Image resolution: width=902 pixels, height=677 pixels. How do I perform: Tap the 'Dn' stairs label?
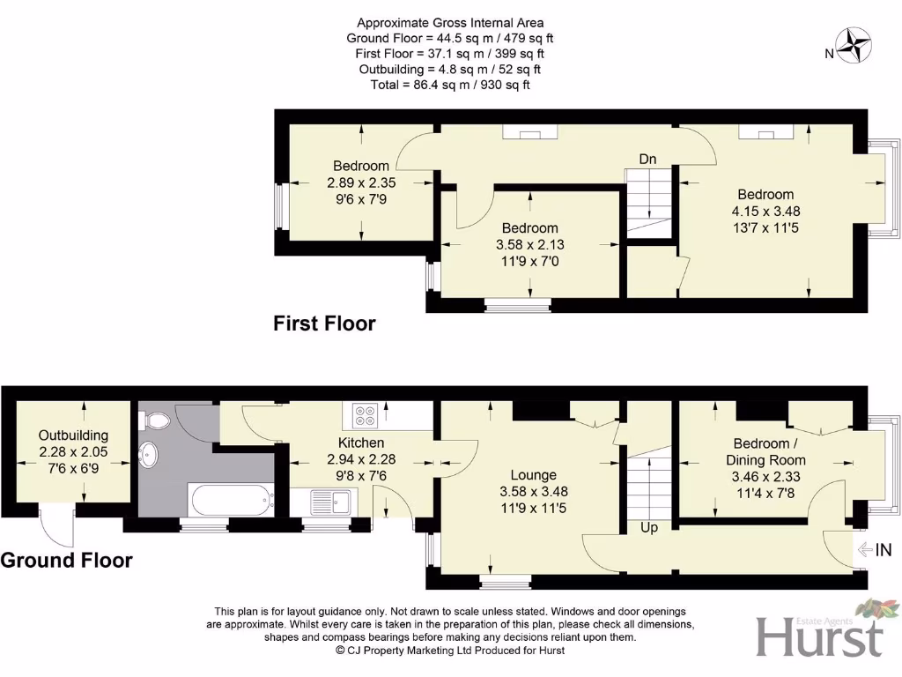(647, 159)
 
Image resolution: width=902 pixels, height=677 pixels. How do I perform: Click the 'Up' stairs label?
(648, 527)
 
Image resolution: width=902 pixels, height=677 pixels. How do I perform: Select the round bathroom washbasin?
(152, 456)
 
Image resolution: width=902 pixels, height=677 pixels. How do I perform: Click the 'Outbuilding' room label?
(74, 435)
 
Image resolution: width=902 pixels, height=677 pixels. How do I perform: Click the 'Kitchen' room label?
(361, 443)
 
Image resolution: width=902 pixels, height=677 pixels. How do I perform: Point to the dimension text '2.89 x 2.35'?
(360, 182)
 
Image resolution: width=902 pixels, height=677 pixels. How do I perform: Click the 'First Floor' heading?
(324, 324)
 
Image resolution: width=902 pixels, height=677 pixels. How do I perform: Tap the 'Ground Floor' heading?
(66, 560)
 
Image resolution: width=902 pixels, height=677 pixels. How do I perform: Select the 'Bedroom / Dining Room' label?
(765, 451)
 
